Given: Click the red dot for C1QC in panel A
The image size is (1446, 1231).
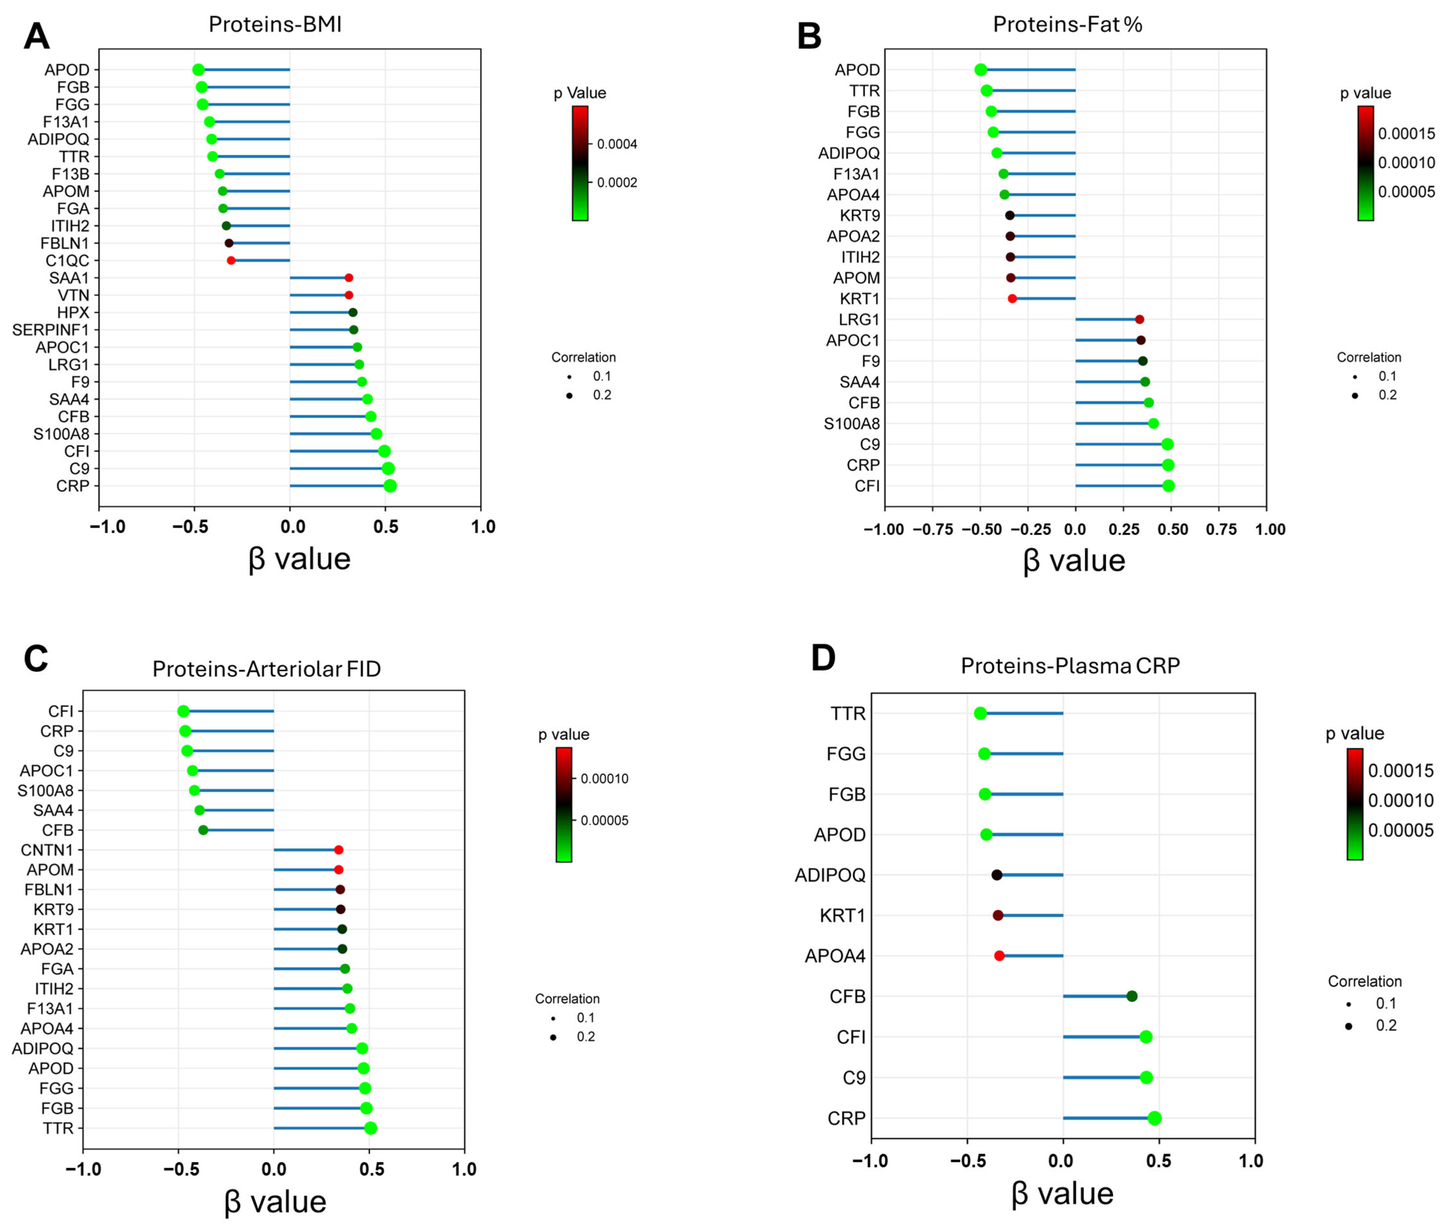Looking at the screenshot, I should (231, 260).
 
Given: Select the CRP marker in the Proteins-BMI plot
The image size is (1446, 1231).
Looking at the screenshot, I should (390, 486).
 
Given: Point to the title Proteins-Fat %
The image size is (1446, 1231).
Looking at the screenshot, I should (1067, 24).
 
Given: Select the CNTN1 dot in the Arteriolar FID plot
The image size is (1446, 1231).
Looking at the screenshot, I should (338, 850).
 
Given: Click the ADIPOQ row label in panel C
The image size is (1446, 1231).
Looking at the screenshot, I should (43, 1048).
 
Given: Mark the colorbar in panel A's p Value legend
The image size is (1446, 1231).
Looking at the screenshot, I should (580, 163).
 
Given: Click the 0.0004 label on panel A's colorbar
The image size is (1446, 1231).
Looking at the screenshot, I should (617, 145).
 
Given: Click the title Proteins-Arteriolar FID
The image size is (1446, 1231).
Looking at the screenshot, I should (267, 669).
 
